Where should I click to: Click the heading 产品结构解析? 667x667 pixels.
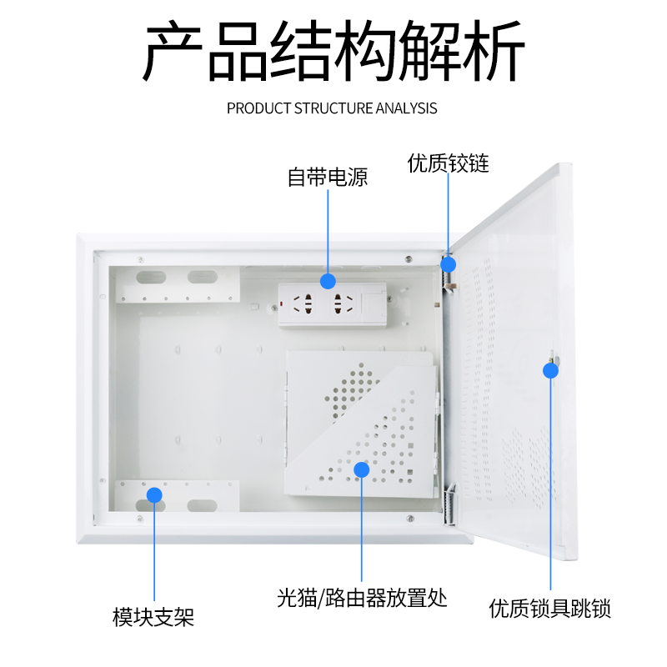coord(333,51)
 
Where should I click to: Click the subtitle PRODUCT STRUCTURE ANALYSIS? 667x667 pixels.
coord(332,108)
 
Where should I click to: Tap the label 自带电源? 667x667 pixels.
coord(327,177)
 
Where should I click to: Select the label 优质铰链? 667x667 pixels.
coord(448,163)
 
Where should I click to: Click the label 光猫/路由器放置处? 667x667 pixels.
coord(362,598)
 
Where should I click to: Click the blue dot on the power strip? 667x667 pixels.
coord(328,281)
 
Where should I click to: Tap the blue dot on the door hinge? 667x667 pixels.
coord(449,264)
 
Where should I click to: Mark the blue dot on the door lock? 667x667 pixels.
coord(550,371)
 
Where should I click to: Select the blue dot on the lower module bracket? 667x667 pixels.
coord(154,494)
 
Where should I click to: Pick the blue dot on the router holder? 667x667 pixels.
coord(362,469)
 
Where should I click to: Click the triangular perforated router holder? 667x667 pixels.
coord(367,434)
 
